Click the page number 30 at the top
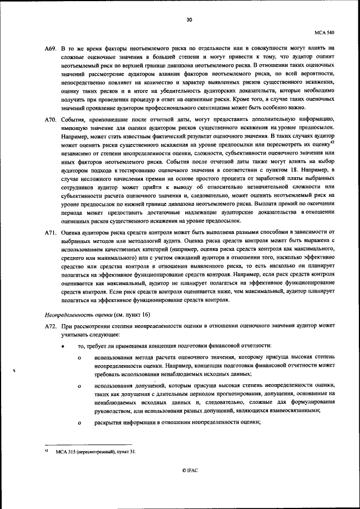[x=190, y=20]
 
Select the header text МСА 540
[x=325, y=33]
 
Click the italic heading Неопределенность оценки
[x=75, y=314]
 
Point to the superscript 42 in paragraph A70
[x=332, y=141]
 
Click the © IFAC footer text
[x=190, y=469]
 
